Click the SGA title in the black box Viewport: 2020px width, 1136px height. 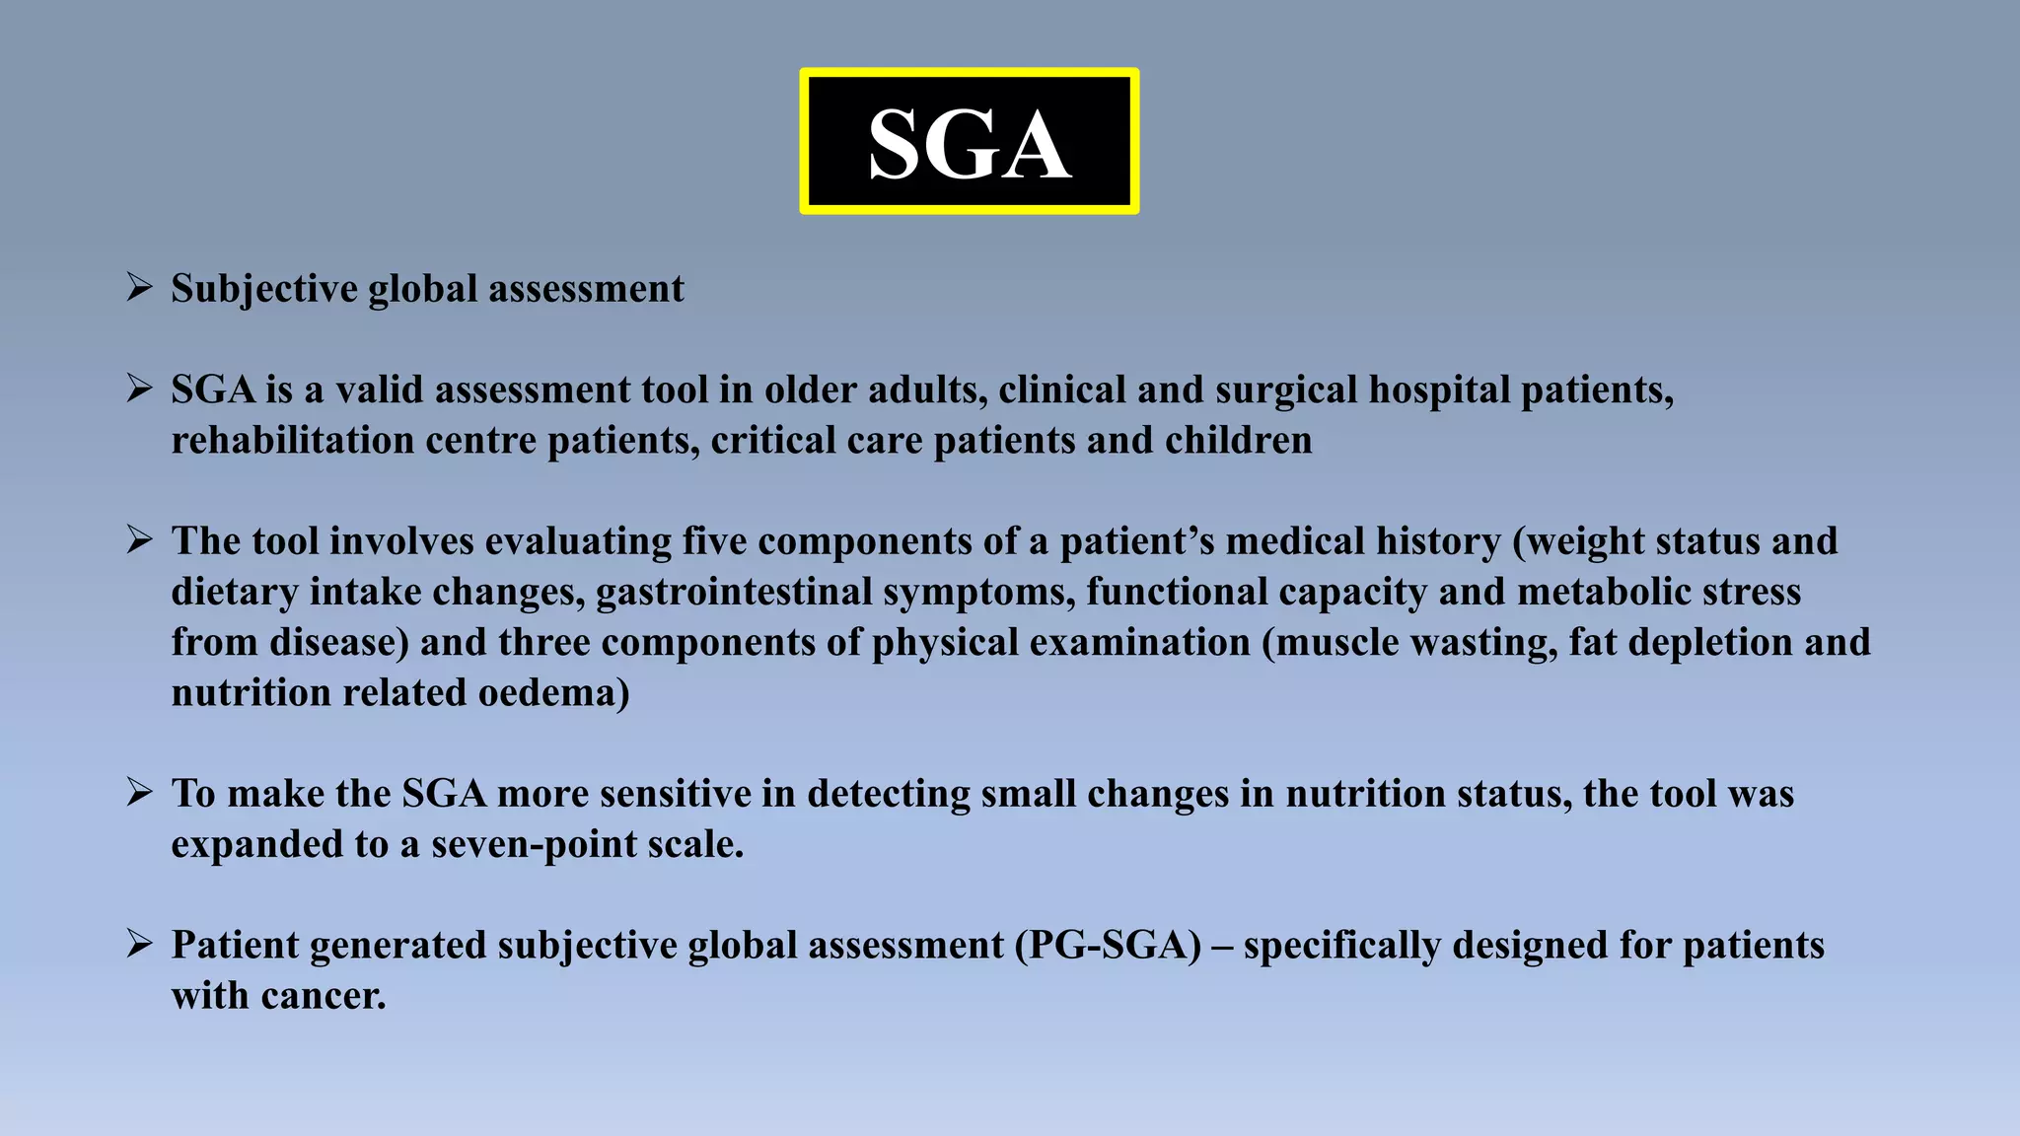pos(969,144)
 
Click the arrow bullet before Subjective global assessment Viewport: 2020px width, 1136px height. pos(139,288)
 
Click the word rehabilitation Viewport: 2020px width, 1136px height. pos(292,440)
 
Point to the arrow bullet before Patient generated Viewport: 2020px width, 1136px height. pos(139,945)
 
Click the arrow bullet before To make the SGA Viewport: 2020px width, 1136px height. pos(139,793)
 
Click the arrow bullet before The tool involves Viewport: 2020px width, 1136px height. pos(139,540)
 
